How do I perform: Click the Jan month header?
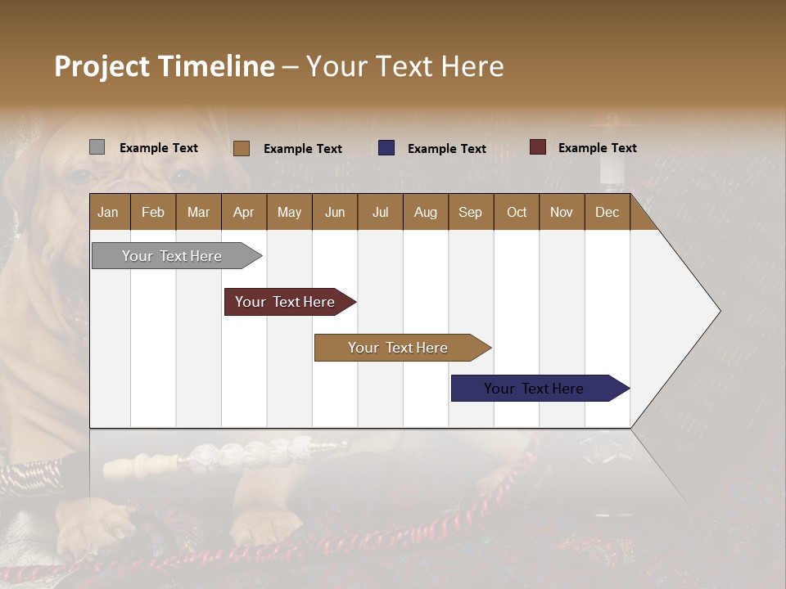pyautogui.click(x=108, y=212)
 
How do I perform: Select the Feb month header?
pyautogui.click(x=153, y=212)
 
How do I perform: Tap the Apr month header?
pyautogui.click(x=243, y=212)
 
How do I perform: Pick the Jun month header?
pyautogui.click(x=335, y=212)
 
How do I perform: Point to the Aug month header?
pyautogui.click(x=425, y=212)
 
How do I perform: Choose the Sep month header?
pyautogui.click(x=470, y=212)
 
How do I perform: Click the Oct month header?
pyautogui.click(x=517, y=212)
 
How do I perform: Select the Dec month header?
pyautogui.click(x=607, y=212)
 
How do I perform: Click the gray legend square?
pyautogui.click(x=97, y=147)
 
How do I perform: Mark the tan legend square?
pyautogui.click(x=241, y=148)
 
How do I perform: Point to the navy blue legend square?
pyautogui.click(x=386, y=148)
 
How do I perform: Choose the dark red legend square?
pyautogui.click(x=537, y=147)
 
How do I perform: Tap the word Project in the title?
pyautogui.click(x=102, y=66)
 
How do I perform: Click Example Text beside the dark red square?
pyautogui.click(x=597, y=148)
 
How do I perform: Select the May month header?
pyautogui.click(x=289, y=212)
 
